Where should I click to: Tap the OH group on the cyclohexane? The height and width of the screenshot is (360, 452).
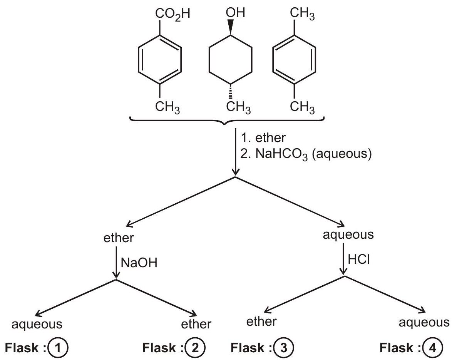click(235, 12)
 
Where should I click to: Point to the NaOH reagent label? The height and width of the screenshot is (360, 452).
click(139, 263)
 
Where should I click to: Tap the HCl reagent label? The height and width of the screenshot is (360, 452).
click(358, 260)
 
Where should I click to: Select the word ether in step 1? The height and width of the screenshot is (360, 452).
click(270, 138)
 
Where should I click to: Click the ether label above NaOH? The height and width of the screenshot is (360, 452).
click(119, 238)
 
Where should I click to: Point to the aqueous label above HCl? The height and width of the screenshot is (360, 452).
click(348, 235)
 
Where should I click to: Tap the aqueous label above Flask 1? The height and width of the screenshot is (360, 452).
click(37, 325)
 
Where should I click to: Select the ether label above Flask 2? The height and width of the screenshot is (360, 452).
click(196, 324)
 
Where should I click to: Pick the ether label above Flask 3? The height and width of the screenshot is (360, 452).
click(261, 321)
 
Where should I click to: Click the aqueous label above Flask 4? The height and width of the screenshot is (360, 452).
click(424, 323)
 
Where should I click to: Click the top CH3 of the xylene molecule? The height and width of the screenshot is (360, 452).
click(302, 14)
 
